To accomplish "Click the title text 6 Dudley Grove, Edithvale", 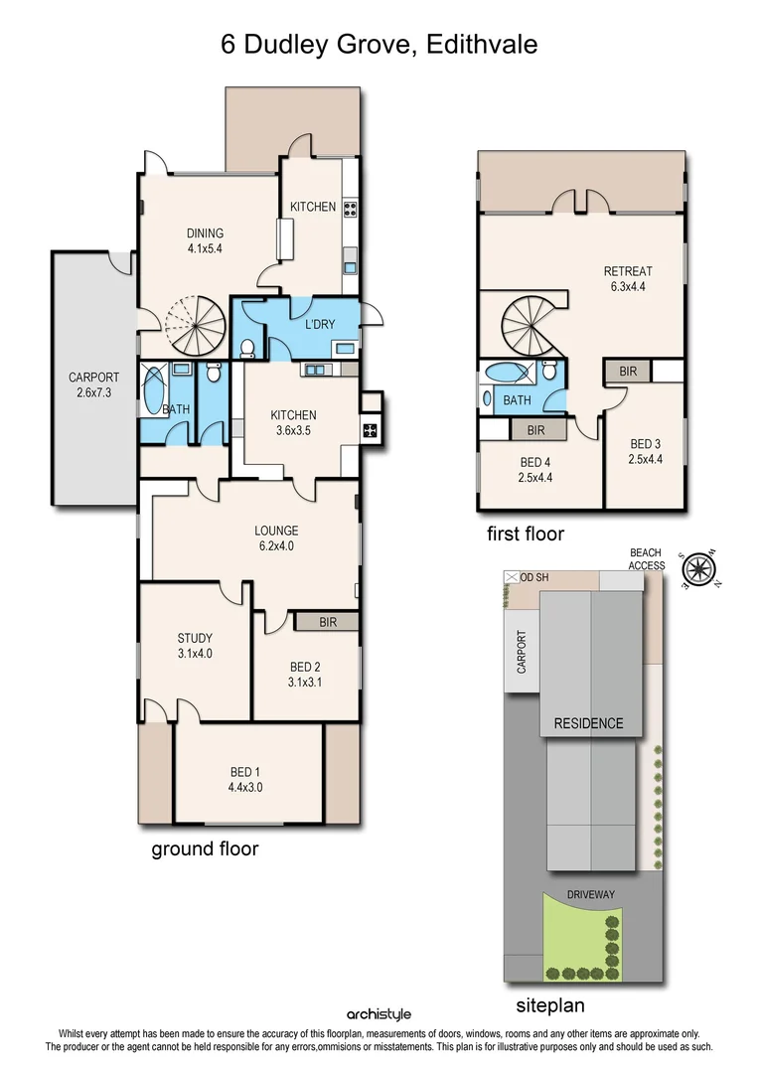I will (x=379, y=45).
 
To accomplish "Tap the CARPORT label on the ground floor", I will (x=93, y=385).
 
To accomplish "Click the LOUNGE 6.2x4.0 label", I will (x=275, y=537).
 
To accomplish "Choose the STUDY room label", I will (x=195, y=646).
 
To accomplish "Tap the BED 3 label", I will (x=645, y=451).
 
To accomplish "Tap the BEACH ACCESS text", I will (x=647, y=559).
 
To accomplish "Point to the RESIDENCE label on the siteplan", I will (x=588, y=723).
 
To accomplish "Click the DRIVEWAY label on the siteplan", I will (x=591, y=894).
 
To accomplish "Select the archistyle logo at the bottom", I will (x=378, y=1013).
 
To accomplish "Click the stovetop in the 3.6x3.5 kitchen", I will (x=370, y=430).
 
